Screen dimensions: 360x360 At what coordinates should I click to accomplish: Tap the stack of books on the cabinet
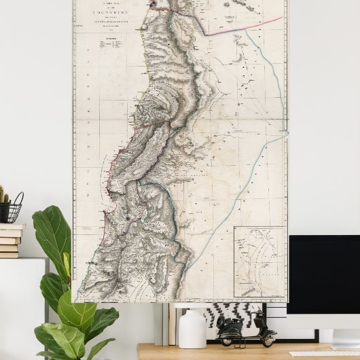coord(10,239)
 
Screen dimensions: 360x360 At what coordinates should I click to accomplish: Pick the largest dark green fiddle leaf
coord(52,234)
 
